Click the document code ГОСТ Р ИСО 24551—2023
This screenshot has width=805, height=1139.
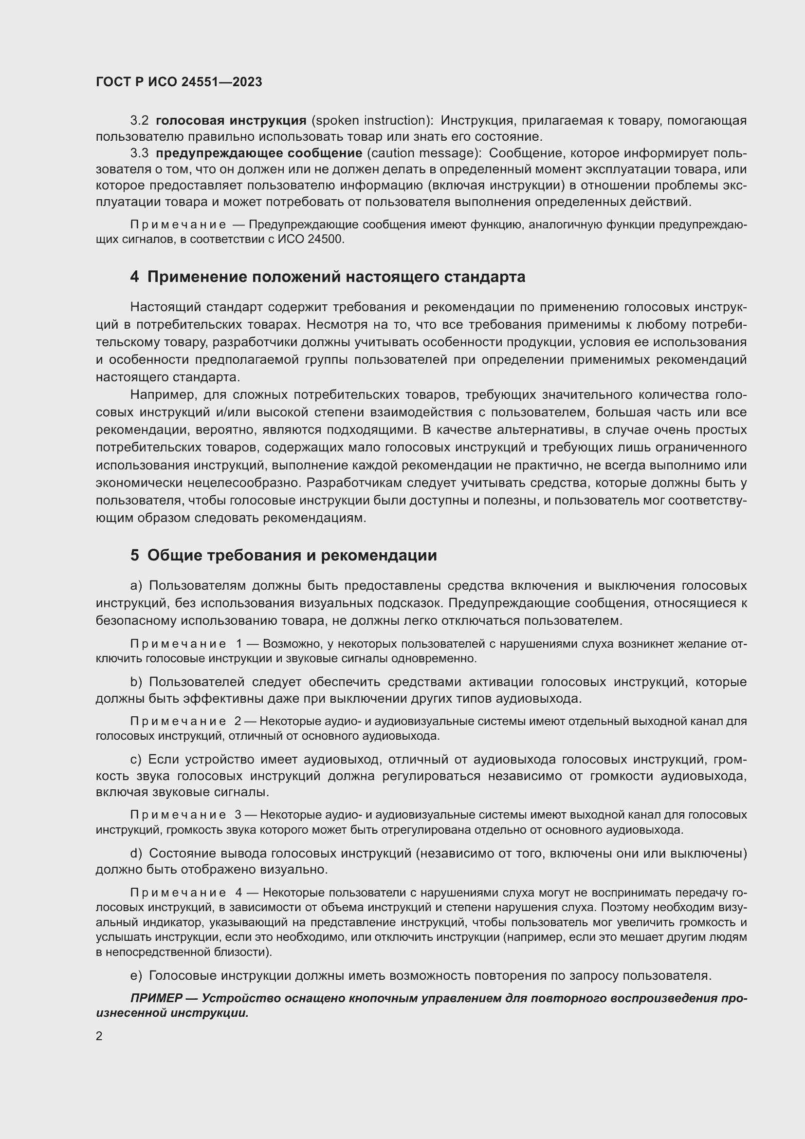(x=179, y=82)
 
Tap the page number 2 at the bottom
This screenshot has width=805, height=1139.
(x=99, y=1036)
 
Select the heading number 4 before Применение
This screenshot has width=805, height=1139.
(x=134, y=277)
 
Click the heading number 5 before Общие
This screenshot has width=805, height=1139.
(x=134, y=556)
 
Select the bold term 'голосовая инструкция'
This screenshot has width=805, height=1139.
(x=231, y=121)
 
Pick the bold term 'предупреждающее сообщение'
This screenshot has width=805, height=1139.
(x=259, y=153)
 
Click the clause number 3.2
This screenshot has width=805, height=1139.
(x=139, y=121)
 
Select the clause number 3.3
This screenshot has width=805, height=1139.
(x=139, y=153)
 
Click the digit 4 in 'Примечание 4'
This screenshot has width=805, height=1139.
(x=239, y=893)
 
